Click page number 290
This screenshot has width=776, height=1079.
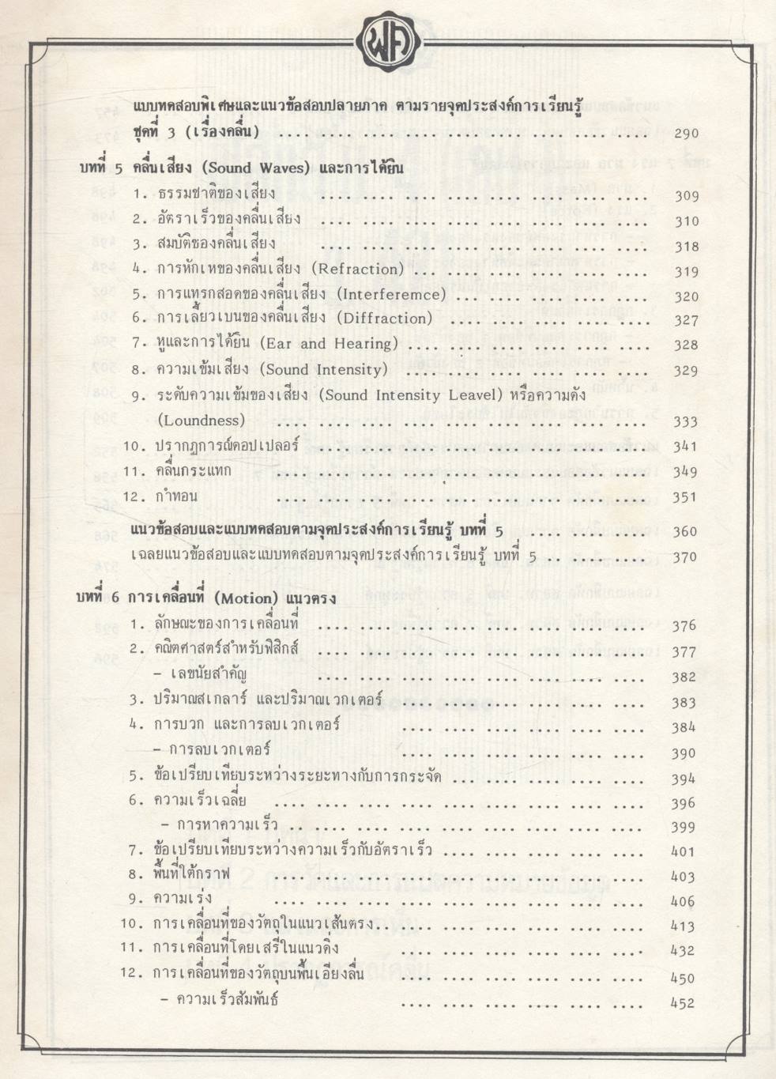tap(686, 133)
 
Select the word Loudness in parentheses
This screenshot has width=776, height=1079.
tap(202, 420)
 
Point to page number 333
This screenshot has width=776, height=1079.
tap(685, 422)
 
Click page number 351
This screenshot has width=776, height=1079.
tap(685, 497)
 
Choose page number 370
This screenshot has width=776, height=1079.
tap(685, 557)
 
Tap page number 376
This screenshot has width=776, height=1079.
tap(684, 626)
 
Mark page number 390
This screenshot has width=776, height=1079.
tap(684, 753)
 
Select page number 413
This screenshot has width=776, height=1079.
tap(683, 926)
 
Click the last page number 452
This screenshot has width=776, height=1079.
tap(683, 1003)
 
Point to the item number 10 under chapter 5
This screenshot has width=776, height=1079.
tap(131, 446)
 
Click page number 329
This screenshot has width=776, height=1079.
tap(686, 371)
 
